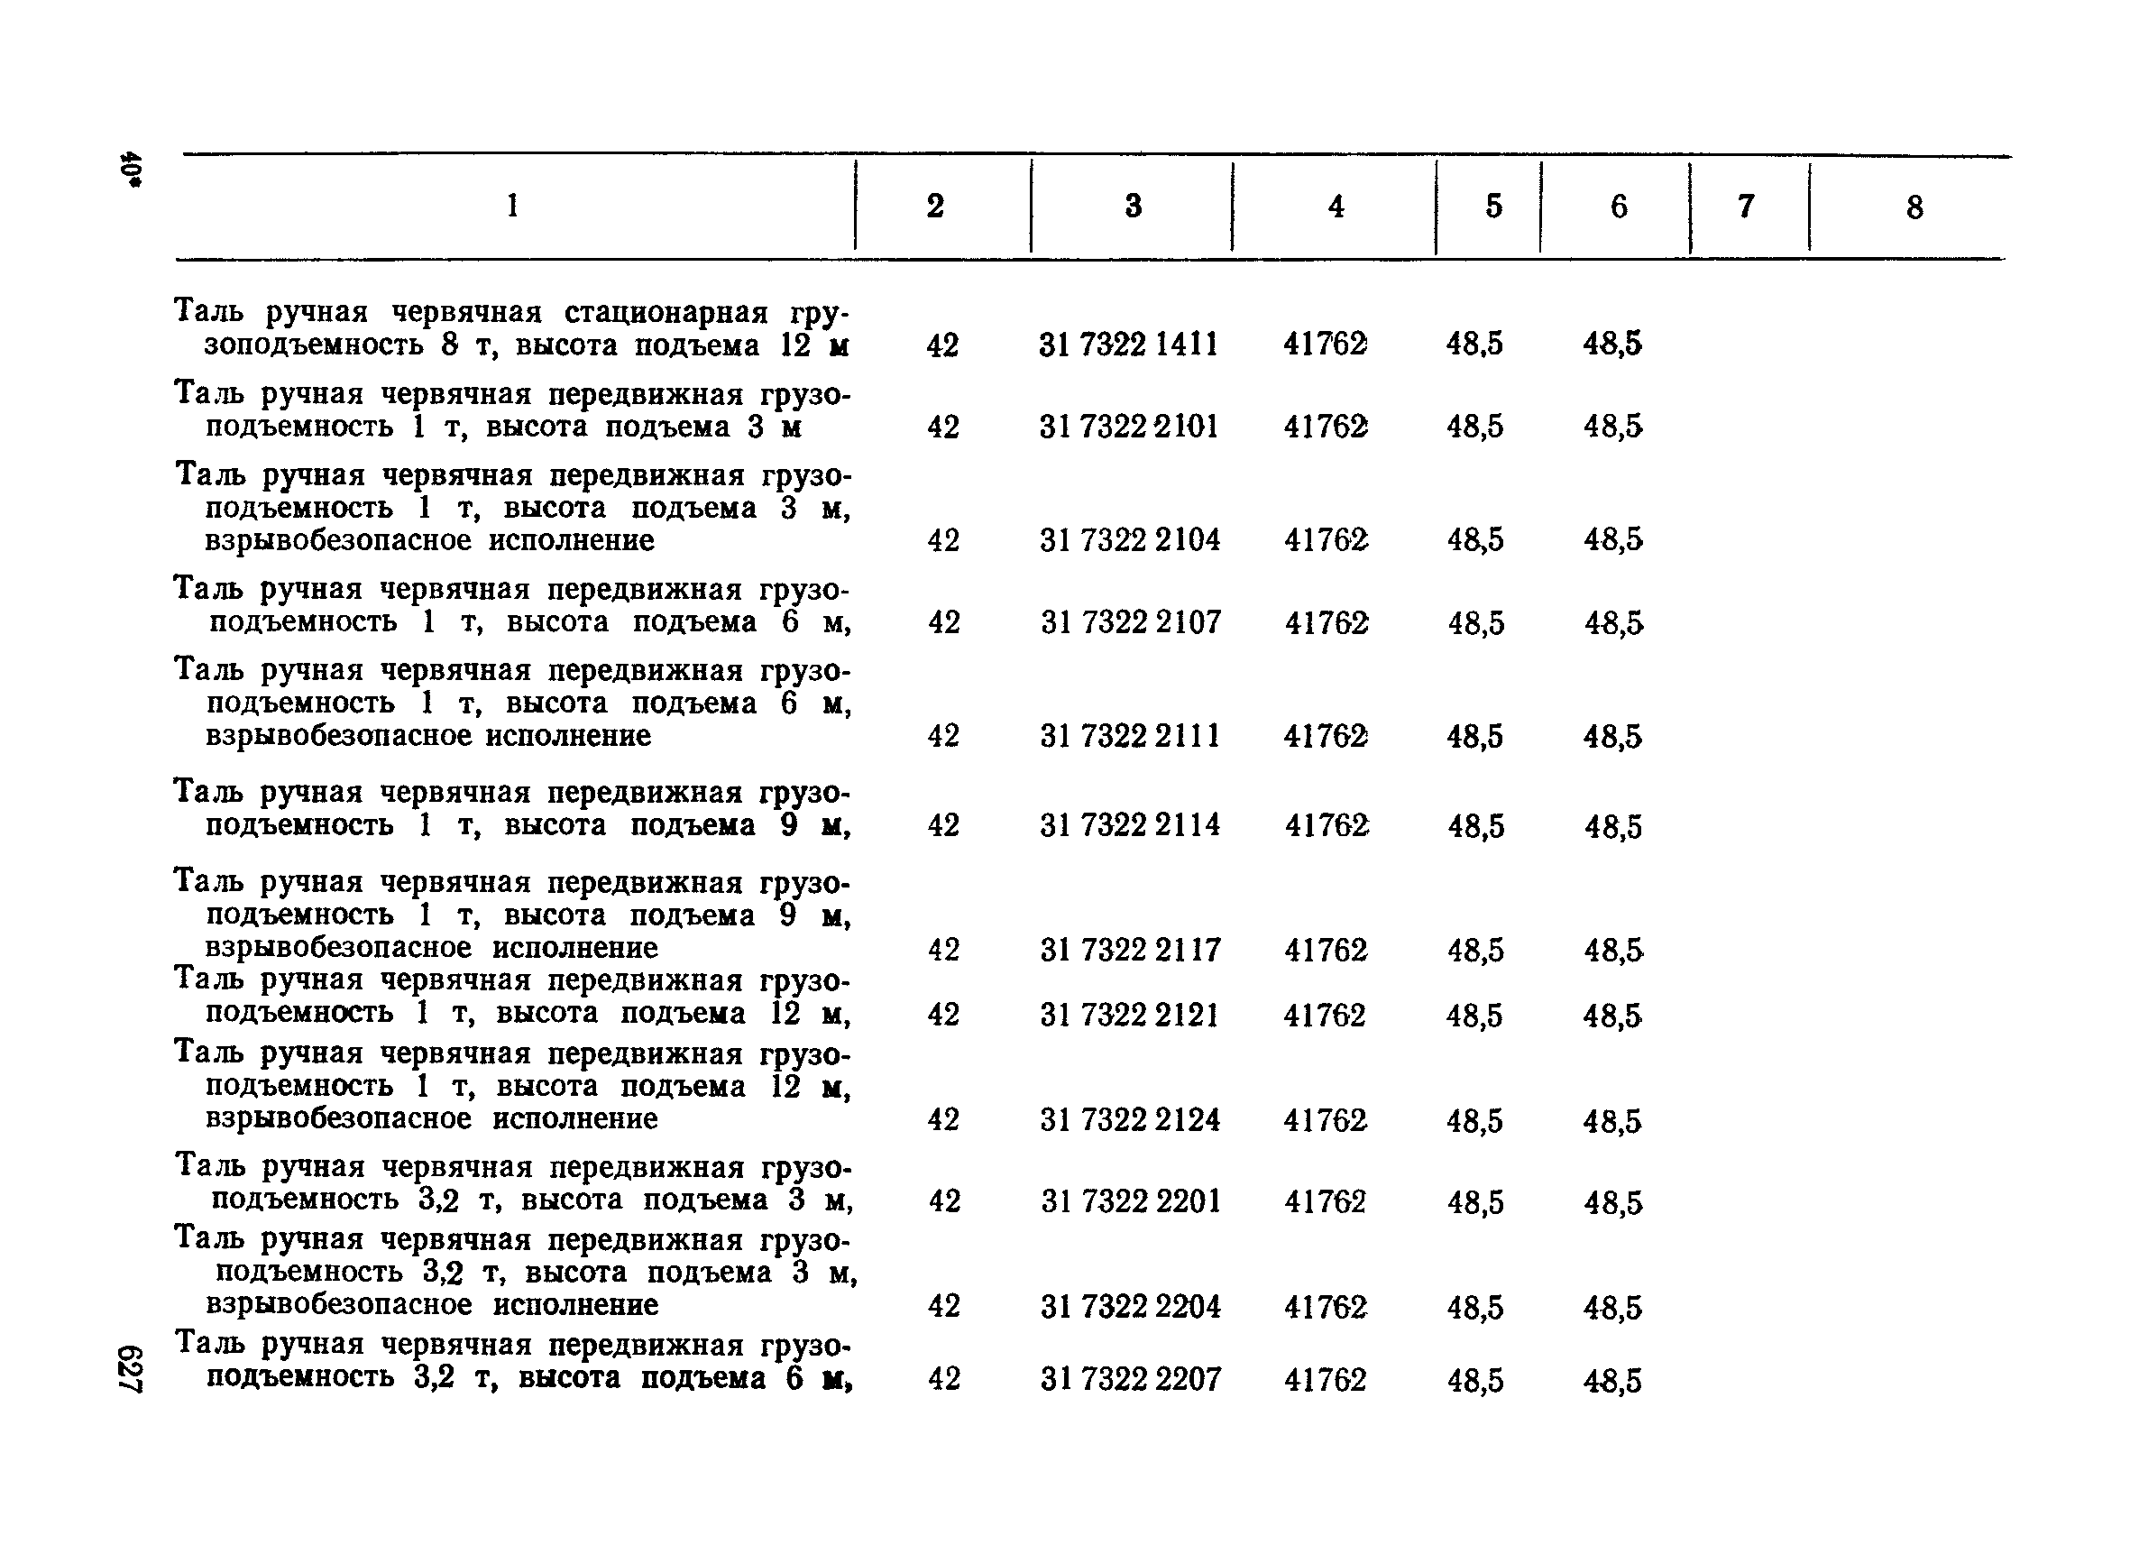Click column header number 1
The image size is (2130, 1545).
tap(512, 206)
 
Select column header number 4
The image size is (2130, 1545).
tap(1336, 207)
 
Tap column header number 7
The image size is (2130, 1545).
tap(1746, 207)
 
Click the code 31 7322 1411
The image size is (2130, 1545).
tap(1128, 345)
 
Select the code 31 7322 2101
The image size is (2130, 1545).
tap(1128, 428)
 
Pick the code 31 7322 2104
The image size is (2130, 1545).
tap(1129, 540)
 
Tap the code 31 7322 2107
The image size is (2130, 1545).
tap(1130, 621)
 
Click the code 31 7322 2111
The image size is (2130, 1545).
tap(1129, 735)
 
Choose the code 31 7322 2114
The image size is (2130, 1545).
tap(1129, 825)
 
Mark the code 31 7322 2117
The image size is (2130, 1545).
tap(1130, 951)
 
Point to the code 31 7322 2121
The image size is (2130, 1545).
tap(1128, 1016)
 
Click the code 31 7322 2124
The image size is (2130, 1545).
tap(1129, 1120)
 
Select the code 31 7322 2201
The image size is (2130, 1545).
tap(1130, 1202)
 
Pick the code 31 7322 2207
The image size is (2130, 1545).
tap(1130, 1380)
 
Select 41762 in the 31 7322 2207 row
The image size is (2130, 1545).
tap(1324, 1380)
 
